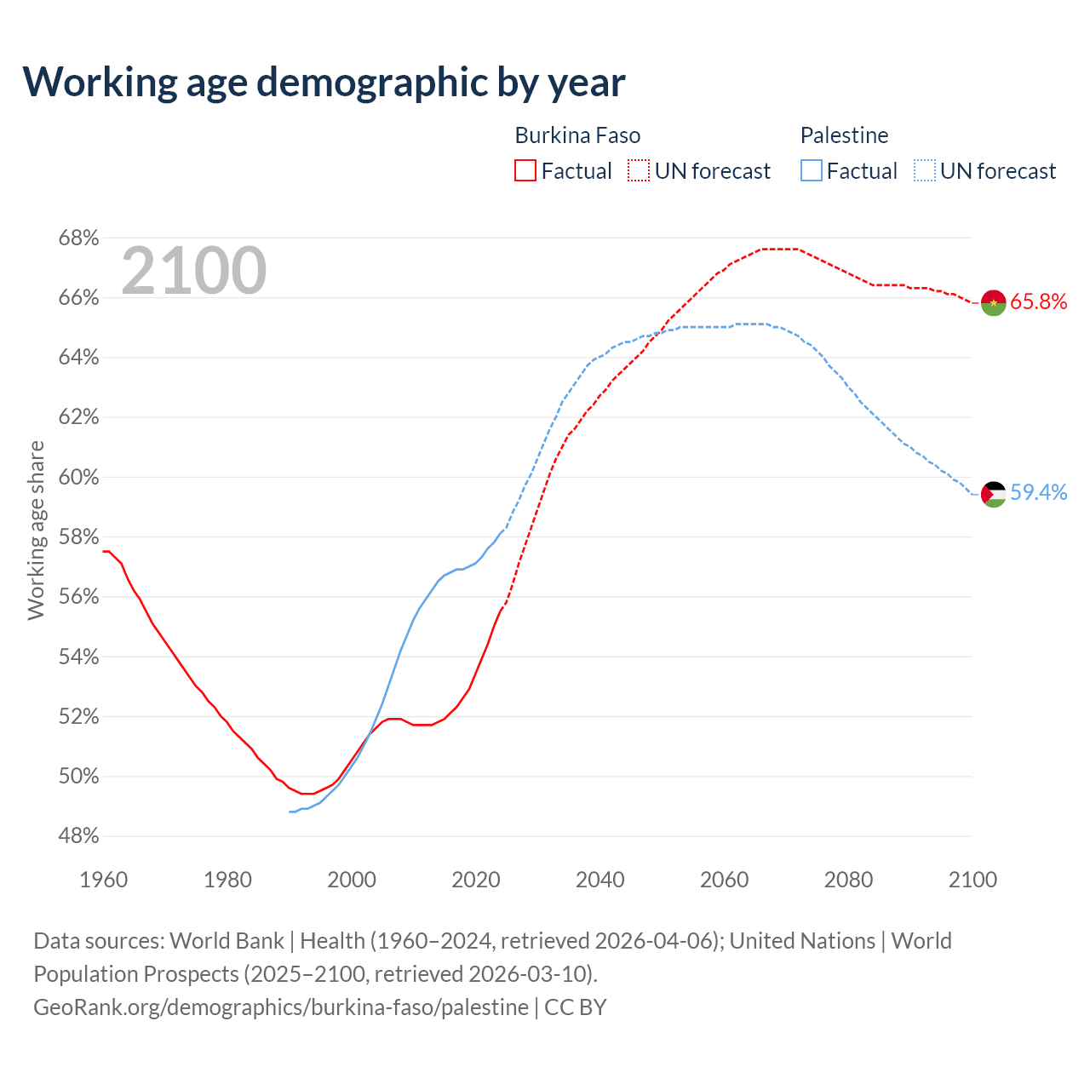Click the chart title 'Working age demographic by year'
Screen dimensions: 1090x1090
(x=324, y=82)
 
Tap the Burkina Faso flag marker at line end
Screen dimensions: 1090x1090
(x=993, y=302)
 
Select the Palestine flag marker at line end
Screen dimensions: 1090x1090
(x=993, y=493)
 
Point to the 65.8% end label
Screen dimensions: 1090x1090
(x=1038, y=301)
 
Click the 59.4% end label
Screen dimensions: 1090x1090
(x=1038, y=492)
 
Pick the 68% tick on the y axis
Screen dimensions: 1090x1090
(x=78, y=238)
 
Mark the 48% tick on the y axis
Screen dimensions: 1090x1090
(x=78, y=836)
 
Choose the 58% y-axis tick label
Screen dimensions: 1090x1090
(x=78, y=537)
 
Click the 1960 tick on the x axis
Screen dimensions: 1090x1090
(x=104, y=879)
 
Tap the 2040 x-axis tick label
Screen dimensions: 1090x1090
(x=600, y=879)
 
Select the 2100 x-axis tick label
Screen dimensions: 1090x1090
(x=972, y=879)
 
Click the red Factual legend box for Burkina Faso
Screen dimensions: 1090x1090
(x=525, y=171)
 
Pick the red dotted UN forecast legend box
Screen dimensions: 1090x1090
(x=639, y=171)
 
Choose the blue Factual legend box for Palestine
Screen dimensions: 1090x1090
(x=812, y=171)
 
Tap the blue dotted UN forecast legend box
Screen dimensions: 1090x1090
(x=925, y=171)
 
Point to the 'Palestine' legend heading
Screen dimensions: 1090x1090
(x=844, y=135)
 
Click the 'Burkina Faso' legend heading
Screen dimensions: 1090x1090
(x=577, y=135)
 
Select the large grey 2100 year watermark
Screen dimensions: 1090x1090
(x=194, y=271)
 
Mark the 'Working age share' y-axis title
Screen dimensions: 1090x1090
(x=36, y=530)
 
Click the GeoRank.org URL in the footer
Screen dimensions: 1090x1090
(x=281, y=1007)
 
